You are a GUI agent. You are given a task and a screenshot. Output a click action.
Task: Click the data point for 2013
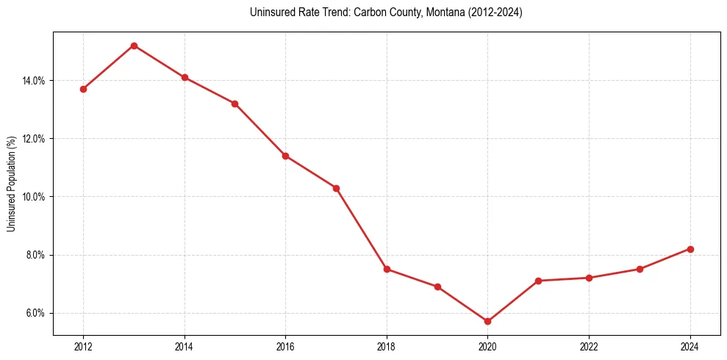point(134,46)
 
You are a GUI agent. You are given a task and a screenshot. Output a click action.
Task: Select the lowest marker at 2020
point(487,321)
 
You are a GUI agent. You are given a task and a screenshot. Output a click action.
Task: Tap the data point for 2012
point(83,89)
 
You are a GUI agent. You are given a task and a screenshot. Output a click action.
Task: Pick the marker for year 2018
point(387,269)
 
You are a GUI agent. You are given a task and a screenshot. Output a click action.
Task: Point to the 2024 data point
point(690,249)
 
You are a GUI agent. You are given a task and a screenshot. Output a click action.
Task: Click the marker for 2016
point(285,156)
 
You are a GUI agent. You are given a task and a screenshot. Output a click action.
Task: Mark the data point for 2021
point(538,281)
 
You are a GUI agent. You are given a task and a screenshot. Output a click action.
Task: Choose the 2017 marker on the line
point(336,188)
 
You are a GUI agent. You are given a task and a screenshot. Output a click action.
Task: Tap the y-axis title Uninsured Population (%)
point(11,184)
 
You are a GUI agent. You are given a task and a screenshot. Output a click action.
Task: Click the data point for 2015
point(234,104)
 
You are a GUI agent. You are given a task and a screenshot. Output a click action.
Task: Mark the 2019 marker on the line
point(437,287)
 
